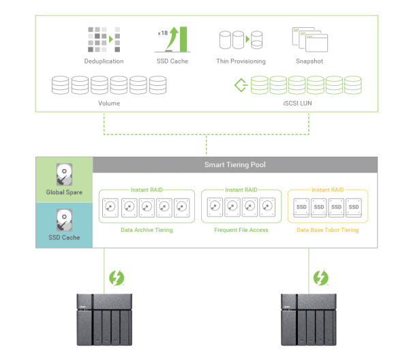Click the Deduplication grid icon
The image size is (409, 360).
tap(104, 39)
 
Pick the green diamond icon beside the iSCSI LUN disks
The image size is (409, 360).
tap(239, 85)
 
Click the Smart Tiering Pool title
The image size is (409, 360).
tap(234, 164)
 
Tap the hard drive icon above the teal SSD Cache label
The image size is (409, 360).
tap(64, 220)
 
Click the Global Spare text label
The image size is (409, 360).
tap(64, 192)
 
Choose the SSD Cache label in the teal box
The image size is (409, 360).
tap(64, 238)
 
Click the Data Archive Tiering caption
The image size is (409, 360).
tap(147, 230)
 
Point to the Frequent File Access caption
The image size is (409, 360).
tap(241, 230)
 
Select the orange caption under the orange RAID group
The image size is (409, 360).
tap(328, 230)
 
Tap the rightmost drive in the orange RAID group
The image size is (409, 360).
tap(354, 207)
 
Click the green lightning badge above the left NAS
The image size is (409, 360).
tap(117, 277)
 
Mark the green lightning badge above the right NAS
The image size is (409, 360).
tap(320, 277)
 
